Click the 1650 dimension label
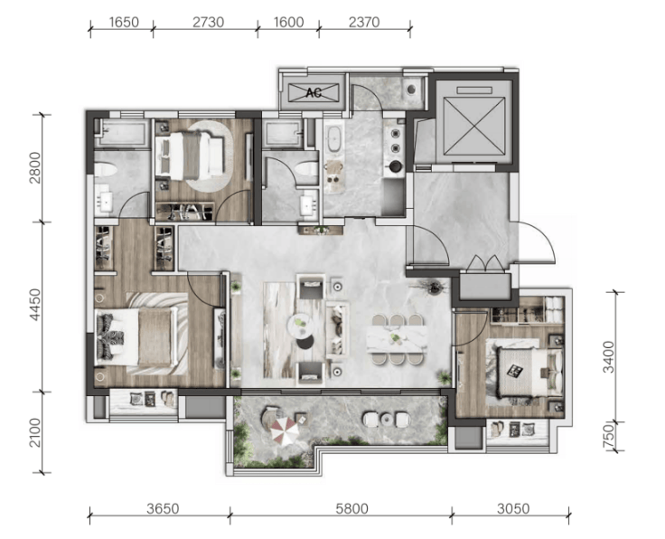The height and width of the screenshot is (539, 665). click(x=124, y=22)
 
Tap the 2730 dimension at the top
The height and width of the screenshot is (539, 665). click(x=208, y=22)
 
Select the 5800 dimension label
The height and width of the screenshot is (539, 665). click(x=352, y=508)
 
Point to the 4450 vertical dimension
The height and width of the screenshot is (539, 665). click(x=35, y=304)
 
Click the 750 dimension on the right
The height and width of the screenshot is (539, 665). click(x=609, y=435)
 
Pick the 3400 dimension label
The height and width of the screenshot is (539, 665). click(x=609, y=356)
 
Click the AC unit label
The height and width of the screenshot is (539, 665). click(x=314, y=92)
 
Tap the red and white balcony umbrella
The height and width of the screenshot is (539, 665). click(x=284, y=430)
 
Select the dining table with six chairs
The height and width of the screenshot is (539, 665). click(x=396, y=339)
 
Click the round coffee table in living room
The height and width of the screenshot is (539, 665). click(x=300, y=326)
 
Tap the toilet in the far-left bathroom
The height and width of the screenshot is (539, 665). click(x=105, y=171)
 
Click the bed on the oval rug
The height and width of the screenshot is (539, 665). click(x=189, y=155)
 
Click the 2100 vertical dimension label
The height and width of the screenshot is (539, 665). click(x=35, y=432)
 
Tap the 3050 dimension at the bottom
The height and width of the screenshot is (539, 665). click(x=513, y=508)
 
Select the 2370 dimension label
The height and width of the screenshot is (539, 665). click(x=364, y=22)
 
